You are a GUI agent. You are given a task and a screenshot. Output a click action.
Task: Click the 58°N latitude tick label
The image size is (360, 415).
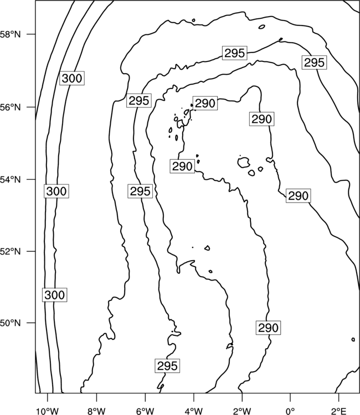10,34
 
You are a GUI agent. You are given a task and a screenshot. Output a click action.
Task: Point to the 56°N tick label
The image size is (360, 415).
10,107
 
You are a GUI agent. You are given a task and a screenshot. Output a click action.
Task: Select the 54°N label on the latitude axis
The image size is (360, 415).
10,180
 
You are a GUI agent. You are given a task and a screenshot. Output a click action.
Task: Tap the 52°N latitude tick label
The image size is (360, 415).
10,251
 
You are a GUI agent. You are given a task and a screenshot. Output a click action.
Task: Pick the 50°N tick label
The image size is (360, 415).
10,323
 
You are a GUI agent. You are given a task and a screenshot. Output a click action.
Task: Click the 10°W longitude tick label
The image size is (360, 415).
48,411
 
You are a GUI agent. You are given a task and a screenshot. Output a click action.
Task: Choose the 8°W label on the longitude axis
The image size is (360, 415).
96,411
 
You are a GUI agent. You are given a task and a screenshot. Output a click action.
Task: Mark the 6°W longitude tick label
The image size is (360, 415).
145,411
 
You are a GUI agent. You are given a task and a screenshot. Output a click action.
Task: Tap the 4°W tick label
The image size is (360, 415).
193,411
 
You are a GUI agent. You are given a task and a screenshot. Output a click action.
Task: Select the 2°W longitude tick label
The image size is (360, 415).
242,411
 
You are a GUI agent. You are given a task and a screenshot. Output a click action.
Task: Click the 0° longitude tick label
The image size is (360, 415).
290,411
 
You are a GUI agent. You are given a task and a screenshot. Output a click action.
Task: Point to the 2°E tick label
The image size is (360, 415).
339,411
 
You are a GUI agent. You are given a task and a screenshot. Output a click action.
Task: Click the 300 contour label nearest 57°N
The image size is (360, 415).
72,79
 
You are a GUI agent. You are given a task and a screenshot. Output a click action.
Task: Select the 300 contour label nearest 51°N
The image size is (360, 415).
55,295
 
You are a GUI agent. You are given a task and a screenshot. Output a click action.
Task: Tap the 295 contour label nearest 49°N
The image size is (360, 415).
167,366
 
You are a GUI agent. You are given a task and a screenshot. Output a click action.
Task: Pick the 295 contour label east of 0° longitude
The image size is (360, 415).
314,63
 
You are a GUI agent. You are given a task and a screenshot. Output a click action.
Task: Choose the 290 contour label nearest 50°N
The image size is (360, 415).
269,328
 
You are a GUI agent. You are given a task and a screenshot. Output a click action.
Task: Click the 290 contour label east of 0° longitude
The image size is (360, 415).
299,196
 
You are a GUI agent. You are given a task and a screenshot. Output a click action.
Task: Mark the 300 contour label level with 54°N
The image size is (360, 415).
56,191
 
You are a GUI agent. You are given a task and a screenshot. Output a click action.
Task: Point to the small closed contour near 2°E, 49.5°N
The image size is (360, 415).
353,339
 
